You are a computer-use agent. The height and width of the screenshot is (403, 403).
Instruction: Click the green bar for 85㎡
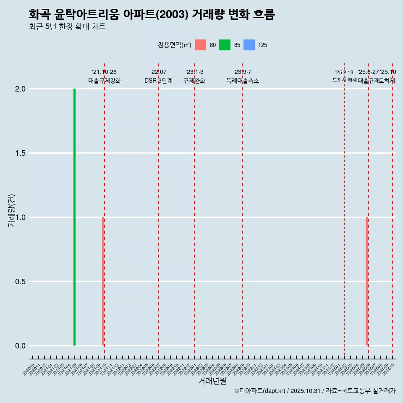[x=74, y=217]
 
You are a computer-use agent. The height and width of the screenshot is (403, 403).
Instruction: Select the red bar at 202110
[x=102, y=281]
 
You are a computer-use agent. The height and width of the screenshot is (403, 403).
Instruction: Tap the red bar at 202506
[x=366, y=281]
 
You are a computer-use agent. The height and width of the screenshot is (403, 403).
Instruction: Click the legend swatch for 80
[x=201, y=45]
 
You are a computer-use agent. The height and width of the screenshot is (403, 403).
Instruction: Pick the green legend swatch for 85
[x=225, y=45]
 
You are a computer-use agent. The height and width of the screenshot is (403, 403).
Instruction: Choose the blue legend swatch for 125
[x=249, y=45]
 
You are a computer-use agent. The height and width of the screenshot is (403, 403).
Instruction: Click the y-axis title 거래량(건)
[x=12, y=211]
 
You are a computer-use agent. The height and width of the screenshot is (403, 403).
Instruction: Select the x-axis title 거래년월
[x=212, y=381]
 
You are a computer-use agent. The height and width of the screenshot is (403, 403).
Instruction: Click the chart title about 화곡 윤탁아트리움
[x=152, y=14]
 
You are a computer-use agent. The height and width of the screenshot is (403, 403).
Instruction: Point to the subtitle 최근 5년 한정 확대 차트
[x=67, y=27]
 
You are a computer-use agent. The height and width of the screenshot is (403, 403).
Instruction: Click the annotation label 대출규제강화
[x=105, y=81]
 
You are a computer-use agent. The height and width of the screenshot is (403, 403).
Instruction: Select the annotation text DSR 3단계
[x=158, y=81]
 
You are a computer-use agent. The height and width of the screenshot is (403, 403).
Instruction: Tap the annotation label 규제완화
[x=194, y=81]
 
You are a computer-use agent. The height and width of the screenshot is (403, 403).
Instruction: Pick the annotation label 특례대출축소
[x=243, y=81]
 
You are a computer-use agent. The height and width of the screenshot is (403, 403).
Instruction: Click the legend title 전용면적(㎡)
[x=175, y=45]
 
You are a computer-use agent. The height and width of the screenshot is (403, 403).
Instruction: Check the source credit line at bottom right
[x=315, y=391]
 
